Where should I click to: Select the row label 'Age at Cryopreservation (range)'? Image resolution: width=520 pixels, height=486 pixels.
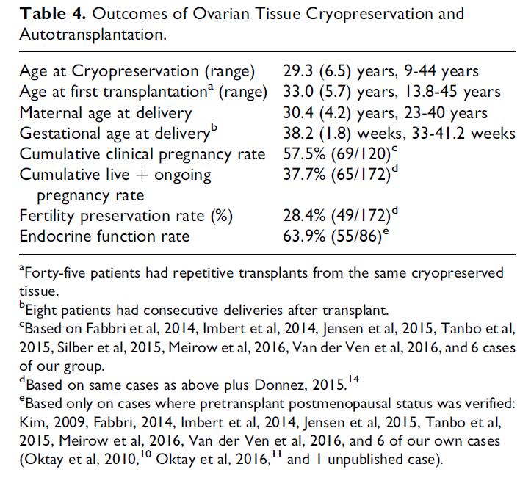click(x=137, y=72)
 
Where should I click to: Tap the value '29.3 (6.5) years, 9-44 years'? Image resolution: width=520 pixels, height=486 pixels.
click(x=380, y=72)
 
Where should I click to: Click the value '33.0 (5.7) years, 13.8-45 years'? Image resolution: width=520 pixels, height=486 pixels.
click(x=391, y=93)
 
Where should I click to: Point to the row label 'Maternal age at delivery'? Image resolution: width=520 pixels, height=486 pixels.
click(x=106, y=113)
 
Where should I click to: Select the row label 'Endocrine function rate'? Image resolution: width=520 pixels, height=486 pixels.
click(x=104, y=236)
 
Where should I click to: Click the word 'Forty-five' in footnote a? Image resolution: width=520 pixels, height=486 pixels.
click(x=51, y=273)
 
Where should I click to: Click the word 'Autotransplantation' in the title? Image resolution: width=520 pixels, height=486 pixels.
click(x=92, y=34)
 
